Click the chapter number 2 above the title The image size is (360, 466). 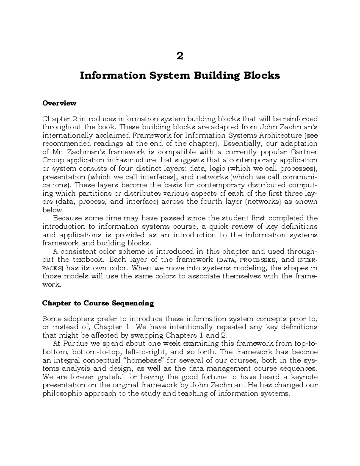coord(180,56)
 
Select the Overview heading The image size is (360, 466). coord(59,103)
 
